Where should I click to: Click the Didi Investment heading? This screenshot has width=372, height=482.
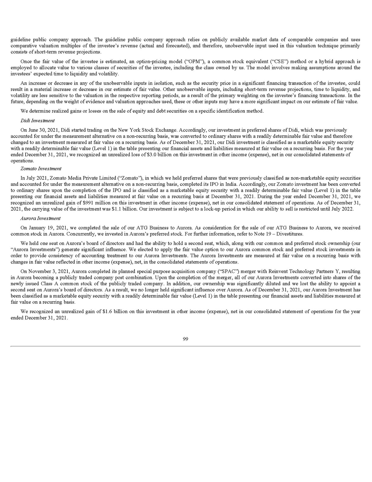pos(37,120)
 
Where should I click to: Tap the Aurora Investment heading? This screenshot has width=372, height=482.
pos(40,218)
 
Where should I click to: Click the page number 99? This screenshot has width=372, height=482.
pos(185,339)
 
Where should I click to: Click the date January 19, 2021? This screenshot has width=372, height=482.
pos(48,228)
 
